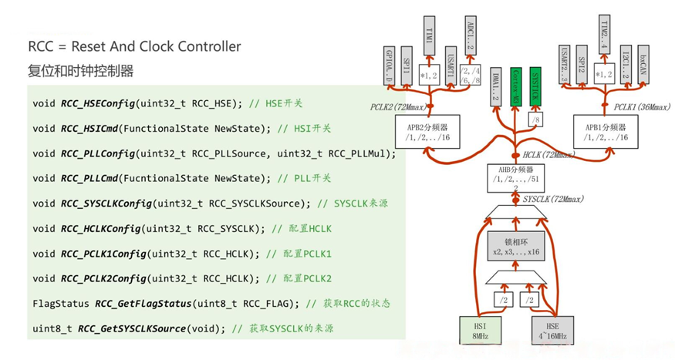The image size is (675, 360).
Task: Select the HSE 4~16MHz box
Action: click(x=554, y=329)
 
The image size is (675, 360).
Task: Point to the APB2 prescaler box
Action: click(x=432, y=132)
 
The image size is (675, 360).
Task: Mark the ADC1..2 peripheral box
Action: click(x=471, y=34)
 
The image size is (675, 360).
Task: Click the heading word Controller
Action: click(x=202, y=46)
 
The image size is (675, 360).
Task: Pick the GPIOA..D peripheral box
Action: click(x=390, y=66)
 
